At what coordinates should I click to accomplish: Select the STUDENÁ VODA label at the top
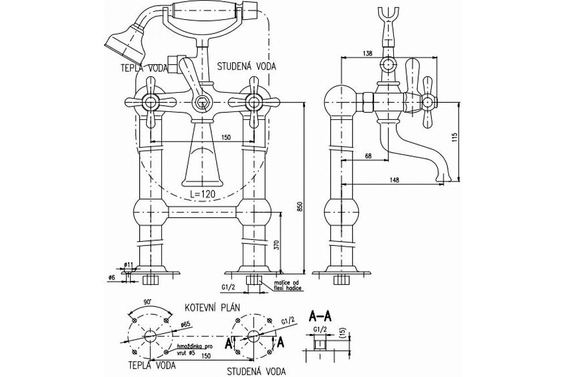pyautogui.click(x=246, y=66)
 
